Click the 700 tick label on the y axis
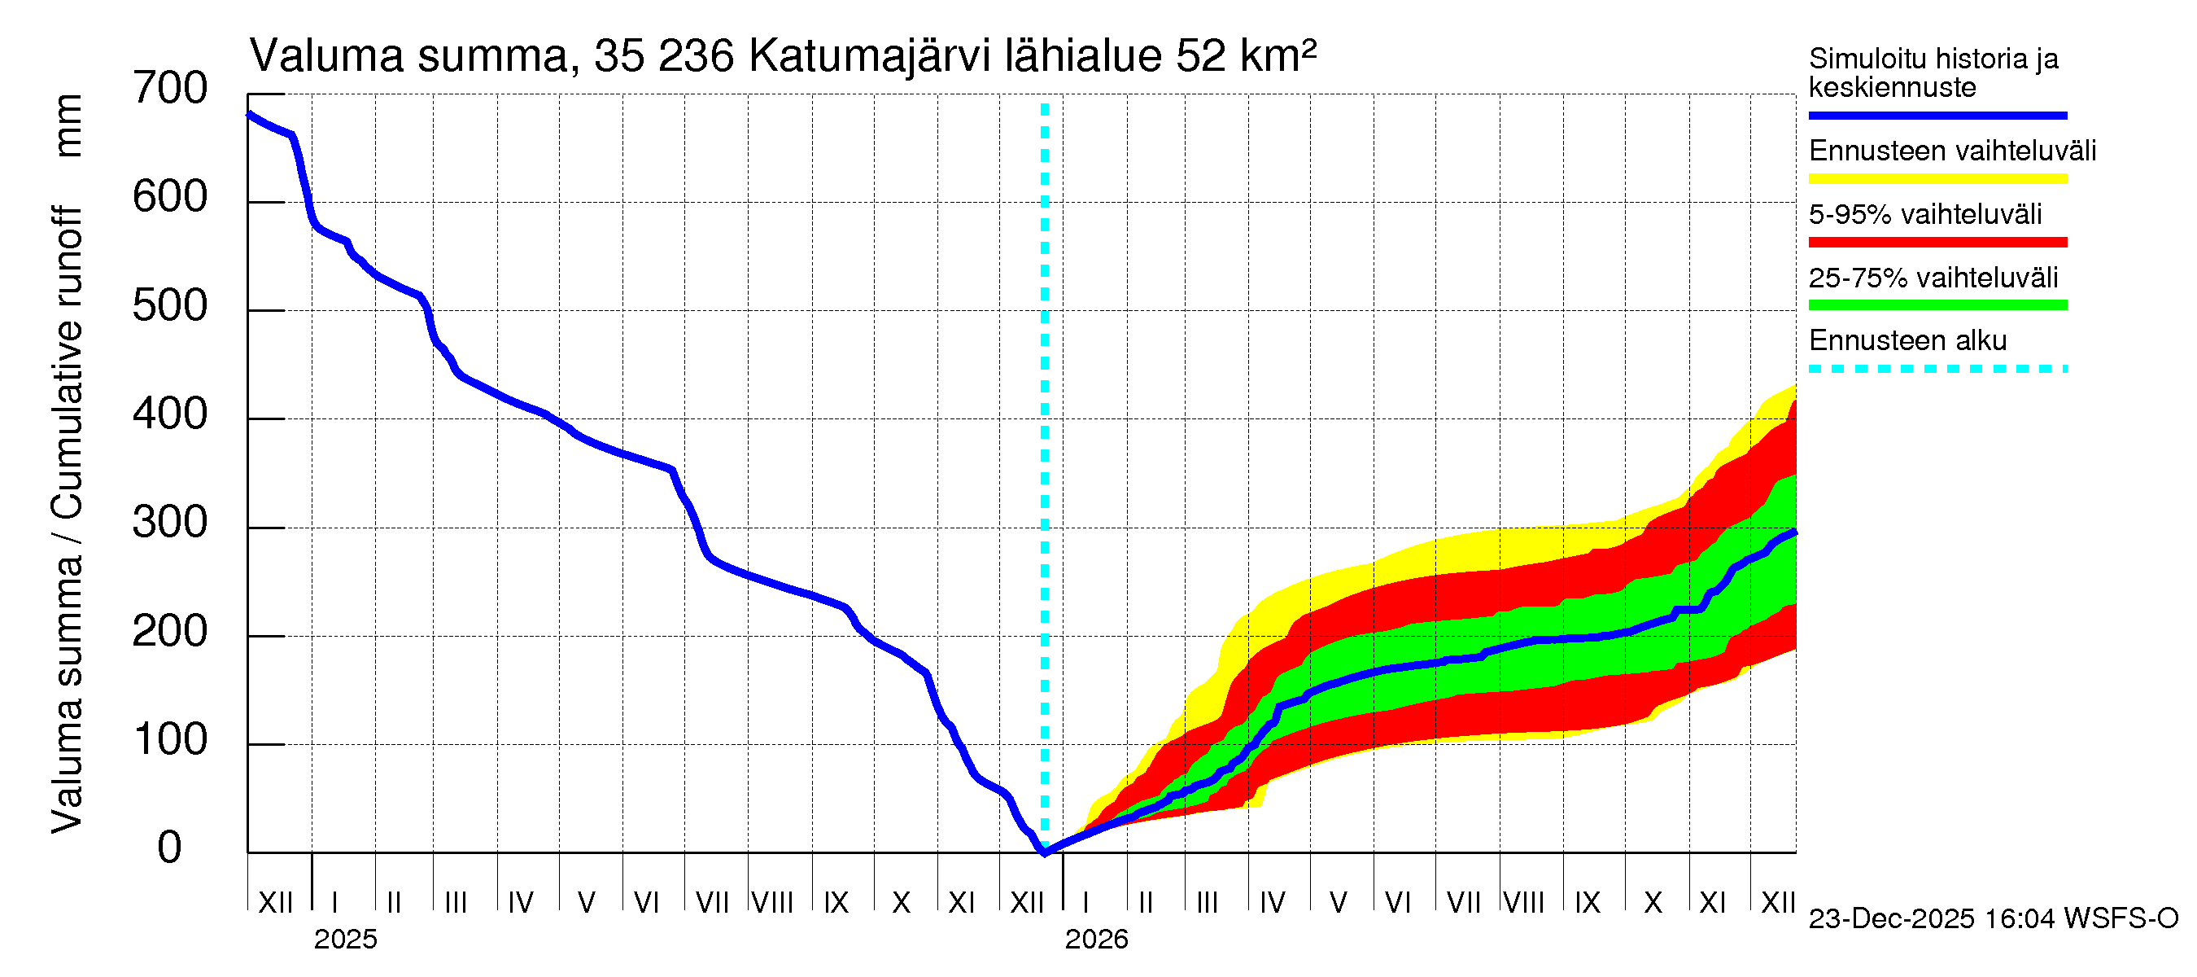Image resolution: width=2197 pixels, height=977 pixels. click(x=170, y=89)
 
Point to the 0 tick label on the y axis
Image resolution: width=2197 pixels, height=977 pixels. click(x=170, y=848)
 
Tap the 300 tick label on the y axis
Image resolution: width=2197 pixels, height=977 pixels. click(x=170, y=523)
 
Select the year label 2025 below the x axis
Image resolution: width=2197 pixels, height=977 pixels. click(x=344, y=940)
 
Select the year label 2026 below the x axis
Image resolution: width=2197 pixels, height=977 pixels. click(x=1096, y=940)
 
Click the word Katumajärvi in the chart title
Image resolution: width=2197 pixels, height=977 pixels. click(x=869, y=56)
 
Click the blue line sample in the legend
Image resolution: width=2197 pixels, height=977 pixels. click(x=1937, y=115)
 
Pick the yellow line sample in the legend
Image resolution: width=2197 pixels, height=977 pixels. click(x=1937, y=179)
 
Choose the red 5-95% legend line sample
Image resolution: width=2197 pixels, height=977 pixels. click(x=1937, y=243)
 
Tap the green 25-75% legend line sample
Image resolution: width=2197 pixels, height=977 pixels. click(x=1937, y=305)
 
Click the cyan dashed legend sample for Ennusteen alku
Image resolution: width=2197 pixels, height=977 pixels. click(x=1937, y=370)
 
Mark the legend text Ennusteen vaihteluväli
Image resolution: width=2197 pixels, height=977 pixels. click(x=1951, y=151)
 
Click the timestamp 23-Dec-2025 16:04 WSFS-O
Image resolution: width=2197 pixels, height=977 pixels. click(x=1993, y=919)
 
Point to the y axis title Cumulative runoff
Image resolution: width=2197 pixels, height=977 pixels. click(x=67, y=362)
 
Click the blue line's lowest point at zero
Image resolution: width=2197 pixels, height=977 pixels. click(x=1044, y=852)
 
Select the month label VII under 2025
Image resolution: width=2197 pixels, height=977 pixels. click(x=712, y=903)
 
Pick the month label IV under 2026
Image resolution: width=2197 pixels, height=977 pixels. click(x=1272, y=903)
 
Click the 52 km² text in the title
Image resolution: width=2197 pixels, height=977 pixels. click(x=1245, y=56)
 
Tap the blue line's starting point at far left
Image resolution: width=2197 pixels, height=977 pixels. click(x=249, y=114)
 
